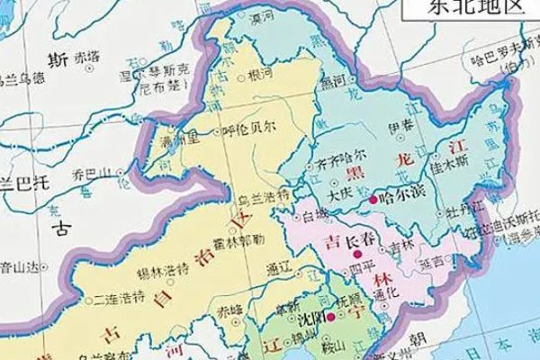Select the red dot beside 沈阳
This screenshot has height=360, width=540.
coord(330,318)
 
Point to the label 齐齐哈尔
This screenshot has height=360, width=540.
coord(341,168)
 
